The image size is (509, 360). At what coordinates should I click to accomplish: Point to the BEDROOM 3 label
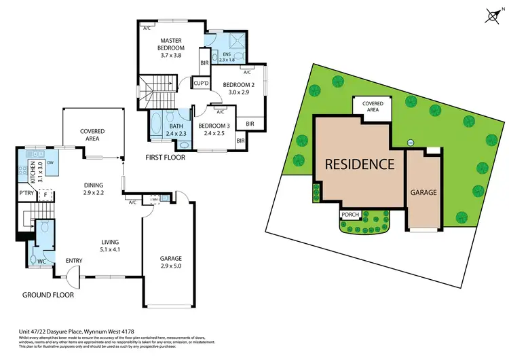click(x=214, y=128)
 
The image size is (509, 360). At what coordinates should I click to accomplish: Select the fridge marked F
click(x=45, y=195)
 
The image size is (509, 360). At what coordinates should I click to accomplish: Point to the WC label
click(x=40, y=260)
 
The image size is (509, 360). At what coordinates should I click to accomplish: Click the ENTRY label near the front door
click(x=74, y=261)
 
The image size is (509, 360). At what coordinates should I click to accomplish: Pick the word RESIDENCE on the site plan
click(x=359, y=164)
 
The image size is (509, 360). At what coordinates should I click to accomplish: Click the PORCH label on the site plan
click(x=350, y=215)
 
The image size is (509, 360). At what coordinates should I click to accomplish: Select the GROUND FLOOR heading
click(x=48, y=295)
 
